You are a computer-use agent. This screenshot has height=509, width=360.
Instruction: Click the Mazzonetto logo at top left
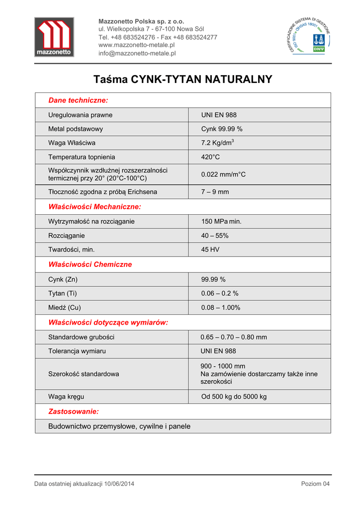54,37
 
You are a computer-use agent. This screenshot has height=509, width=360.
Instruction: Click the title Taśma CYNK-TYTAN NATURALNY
182,79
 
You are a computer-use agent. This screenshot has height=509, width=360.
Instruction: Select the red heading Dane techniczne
78,100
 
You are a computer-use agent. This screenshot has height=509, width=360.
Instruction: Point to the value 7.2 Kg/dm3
217,143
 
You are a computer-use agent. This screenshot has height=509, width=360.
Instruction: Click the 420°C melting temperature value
210,157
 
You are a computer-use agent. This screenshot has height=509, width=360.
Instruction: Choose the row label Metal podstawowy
76,129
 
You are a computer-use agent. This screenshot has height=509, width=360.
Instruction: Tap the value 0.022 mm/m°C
223,174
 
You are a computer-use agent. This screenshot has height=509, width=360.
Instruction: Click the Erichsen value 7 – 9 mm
215,192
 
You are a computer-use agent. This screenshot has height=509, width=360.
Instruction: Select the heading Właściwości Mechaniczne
94,206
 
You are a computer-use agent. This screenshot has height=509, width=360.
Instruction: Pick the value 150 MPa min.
221,221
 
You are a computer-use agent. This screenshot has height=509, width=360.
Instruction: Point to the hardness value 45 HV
210,250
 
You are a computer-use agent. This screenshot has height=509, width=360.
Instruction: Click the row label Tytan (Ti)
63,293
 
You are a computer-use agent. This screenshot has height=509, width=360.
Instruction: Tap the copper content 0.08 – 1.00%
220,308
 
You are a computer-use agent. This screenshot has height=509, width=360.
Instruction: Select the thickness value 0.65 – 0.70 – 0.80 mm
234,337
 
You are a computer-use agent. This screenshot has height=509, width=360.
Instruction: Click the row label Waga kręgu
67,397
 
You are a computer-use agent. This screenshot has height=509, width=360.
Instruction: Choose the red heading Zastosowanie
73,412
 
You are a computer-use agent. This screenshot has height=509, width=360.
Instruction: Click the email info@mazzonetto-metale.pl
137,53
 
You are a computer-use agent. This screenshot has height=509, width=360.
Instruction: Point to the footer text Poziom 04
315,484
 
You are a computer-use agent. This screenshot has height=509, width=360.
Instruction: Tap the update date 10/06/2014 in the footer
119,484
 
